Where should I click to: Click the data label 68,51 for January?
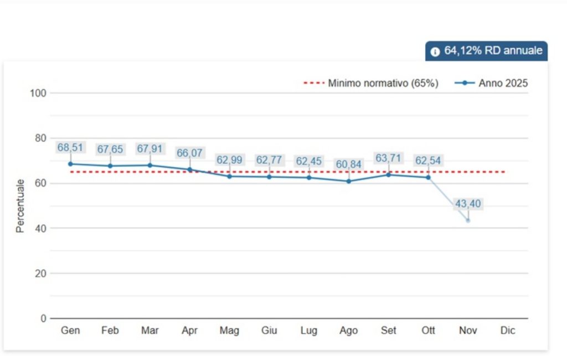(x=70, y=147)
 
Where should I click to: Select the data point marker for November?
(x=468, y=220)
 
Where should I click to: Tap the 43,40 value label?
(x=468, y=204)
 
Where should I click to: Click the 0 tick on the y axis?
(x=43, y=318)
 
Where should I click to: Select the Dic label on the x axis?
(x=508, y=331)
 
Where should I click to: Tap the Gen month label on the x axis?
(x=70, y=331)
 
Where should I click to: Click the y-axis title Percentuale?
(x=20, y=205)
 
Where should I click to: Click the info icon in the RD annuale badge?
(x=435, y=52)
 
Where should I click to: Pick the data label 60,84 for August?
(x=349, y=165)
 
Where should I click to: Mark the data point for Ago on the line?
(x=349, y=181)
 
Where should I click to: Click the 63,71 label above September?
(x=388, y=158)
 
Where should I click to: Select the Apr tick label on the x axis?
(x=190, y=331)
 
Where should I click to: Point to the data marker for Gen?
(x=70, y=164)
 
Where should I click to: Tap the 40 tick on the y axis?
(x=40, y=228)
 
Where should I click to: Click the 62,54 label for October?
(x=428, y=161)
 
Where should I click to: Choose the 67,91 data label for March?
(x=150, y=149)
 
